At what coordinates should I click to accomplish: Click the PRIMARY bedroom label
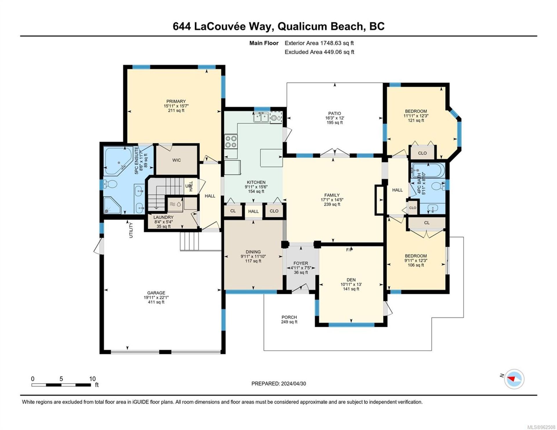[x=176, y=101]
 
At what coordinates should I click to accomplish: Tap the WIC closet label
[x=176, y=160]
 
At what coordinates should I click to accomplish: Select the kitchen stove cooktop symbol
[x=231, y=142]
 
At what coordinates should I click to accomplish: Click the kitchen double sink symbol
[x=261, y=118]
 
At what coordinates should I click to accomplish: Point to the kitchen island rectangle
[x=271, y=158]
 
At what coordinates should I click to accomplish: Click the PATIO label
[x=334, y=113]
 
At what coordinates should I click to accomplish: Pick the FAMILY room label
[x=332, y=195]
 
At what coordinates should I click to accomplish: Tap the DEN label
[x=351, y=280]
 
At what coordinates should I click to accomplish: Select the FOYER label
[x=301, y=263]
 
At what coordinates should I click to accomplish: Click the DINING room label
[x=253, y=252]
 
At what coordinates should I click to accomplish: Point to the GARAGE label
[x=156, y=293]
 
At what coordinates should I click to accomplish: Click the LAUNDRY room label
[x=163, y=217]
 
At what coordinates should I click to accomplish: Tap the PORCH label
[x=289, y=317]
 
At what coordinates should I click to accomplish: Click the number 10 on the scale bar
[x=92, y=379]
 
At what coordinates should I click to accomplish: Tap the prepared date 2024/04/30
[x=293, y=384]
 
